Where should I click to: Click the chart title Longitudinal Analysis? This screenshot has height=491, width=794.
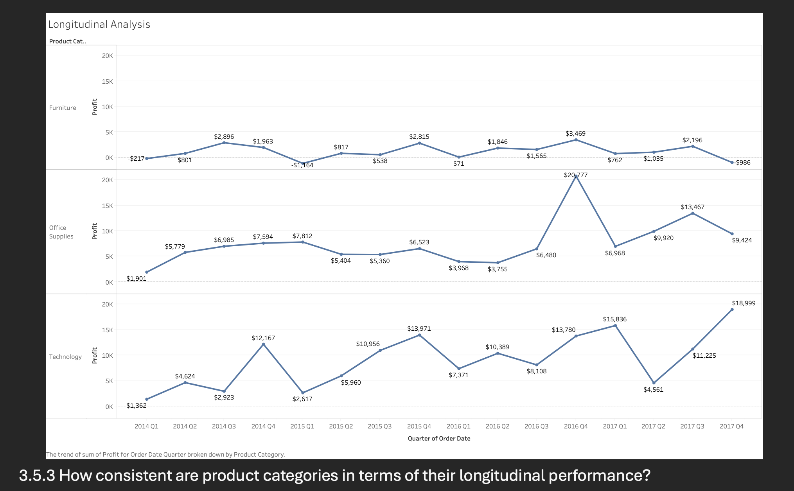coord(99,24)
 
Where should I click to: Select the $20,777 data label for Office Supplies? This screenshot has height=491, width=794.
coord(575,175)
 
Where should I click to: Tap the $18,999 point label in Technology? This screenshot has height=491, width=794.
coord(743,303)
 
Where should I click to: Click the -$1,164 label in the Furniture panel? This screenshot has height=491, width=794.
coord(302,165)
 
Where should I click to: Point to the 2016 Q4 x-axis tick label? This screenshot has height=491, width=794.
coord(575,426)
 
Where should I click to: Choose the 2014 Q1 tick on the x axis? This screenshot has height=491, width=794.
coord(146,426)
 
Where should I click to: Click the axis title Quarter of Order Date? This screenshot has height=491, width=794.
coord(439,438)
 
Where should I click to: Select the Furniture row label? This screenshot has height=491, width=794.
coord(63,108)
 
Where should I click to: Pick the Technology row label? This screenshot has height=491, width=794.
coord(65,357)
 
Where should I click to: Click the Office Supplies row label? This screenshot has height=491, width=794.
coord(61,232)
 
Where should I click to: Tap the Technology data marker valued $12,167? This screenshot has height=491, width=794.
coord(263,344)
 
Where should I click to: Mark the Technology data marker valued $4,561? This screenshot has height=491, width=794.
coord(654,383)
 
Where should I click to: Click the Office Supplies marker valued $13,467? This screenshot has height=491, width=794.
coord(693,213)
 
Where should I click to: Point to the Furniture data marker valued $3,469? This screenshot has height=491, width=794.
coord(576,140)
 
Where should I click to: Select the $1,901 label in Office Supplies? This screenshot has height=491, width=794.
coord(136,278)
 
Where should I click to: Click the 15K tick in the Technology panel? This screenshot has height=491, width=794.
coord(107,330)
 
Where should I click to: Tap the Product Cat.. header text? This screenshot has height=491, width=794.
coord(68,41)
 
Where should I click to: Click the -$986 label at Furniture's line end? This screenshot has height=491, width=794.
coord(742,162)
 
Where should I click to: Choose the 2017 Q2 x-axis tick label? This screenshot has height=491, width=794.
coord(653,426)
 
